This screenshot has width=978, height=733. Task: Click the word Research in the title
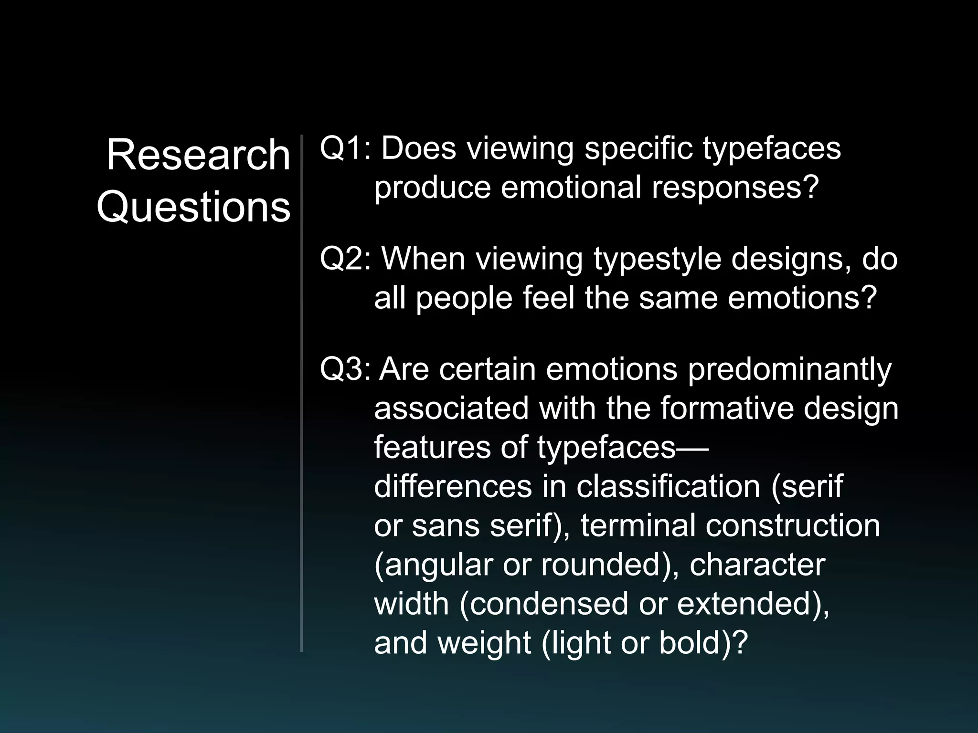(x=198, y=155)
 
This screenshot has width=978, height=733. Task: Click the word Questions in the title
(x=193, y=208)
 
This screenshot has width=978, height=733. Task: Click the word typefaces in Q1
(x=771, y=149)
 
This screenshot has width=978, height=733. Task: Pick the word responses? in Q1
(x=735, y=188)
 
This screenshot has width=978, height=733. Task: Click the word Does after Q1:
(x=419, y=148)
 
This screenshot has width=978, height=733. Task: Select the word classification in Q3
(x=668, y=487)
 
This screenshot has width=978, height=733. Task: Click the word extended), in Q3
(x=753, y=604)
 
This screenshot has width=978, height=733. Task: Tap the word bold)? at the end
(x=703, y=643)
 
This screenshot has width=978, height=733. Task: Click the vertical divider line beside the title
(x=302, y=391)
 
